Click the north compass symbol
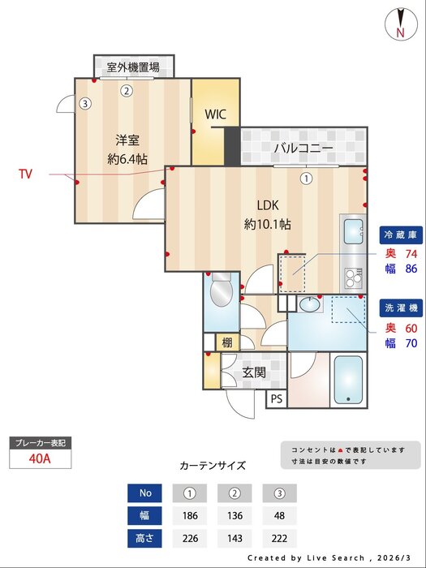[x=400, y=23]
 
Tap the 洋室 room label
[x=127, y=139]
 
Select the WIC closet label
[x=216, y=114]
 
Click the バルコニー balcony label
[x=303, y=148]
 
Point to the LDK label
[x=268, y=204]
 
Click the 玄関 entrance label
[x=254, y=372]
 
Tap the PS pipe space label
[x=277, y=398]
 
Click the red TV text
[x=26, y=174]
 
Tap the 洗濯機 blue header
[x=400, y=308]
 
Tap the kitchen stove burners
[x=355, y=280]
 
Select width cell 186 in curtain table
[x=190, y=514]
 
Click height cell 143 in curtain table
[x=235, y=537]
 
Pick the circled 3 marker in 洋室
[x=84, y=104]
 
